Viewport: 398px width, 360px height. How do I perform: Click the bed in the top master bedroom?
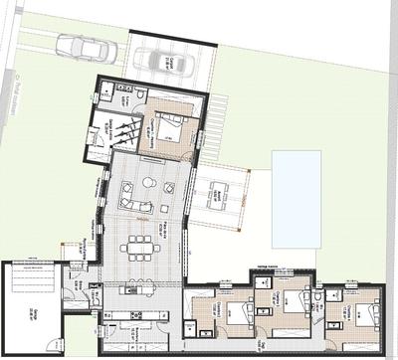pos(169,127)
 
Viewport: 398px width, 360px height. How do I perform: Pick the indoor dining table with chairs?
pos(138,247)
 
